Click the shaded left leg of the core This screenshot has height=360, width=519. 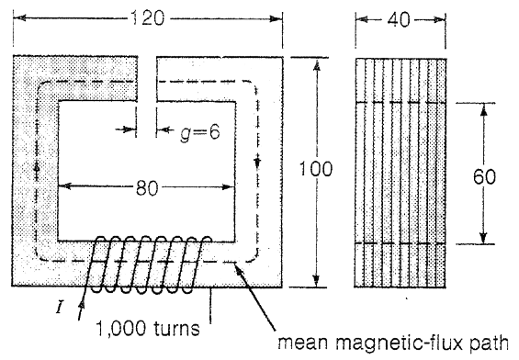[32, 174]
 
